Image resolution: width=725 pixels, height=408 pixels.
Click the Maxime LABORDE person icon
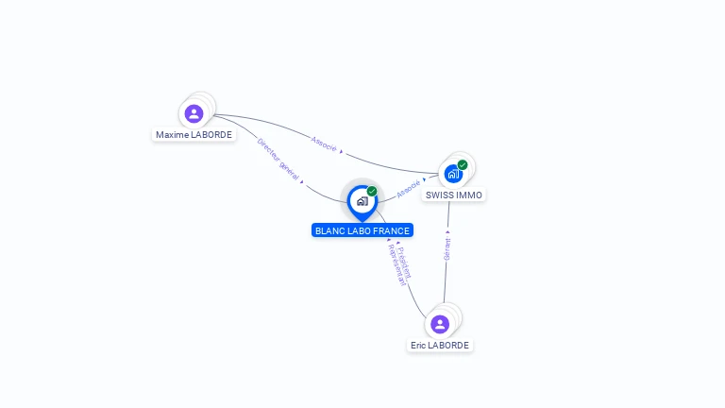click(x=194, y=113)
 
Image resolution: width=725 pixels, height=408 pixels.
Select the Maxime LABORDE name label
click(x=194, y=134)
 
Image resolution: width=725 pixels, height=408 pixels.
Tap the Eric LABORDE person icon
click(x=440, y=324)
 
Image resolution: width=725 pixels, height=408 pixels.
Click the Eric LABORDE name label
click(x=440, y=345)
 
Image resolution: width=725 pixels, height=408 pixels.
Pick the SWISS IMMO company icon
click(x=453, y=174)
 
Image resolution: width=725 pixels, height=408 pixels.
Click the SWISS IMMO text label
click(x=454, y=195)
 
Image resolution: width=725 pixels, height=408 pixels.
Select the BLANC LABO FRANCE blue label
click(x=362, y=230)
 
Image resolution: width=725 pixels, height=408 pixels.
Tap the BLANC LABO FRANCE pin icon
click(x=362, y=201)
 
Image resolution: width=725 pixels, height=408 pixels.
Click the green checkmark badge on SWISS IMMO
click(x=463, y=164)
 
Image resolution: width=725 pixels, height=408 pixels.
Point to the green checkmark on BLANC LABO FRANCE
click(x=372, y=191)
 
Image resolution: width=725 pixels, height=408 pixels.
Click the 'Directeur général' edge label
click(x=278, y=158)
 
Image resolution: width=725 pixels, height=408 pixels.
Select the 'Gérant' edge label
click(x=447, y=248)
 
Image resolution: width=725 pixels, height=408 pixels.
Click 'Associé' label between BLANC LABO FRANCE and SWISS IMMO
click(x=409, y=190)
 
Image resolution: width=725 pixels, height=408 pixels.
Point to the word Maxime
click(x=173, y=134)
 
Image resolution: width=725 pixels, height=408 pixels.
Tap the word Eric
click(x=418, y=345)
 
